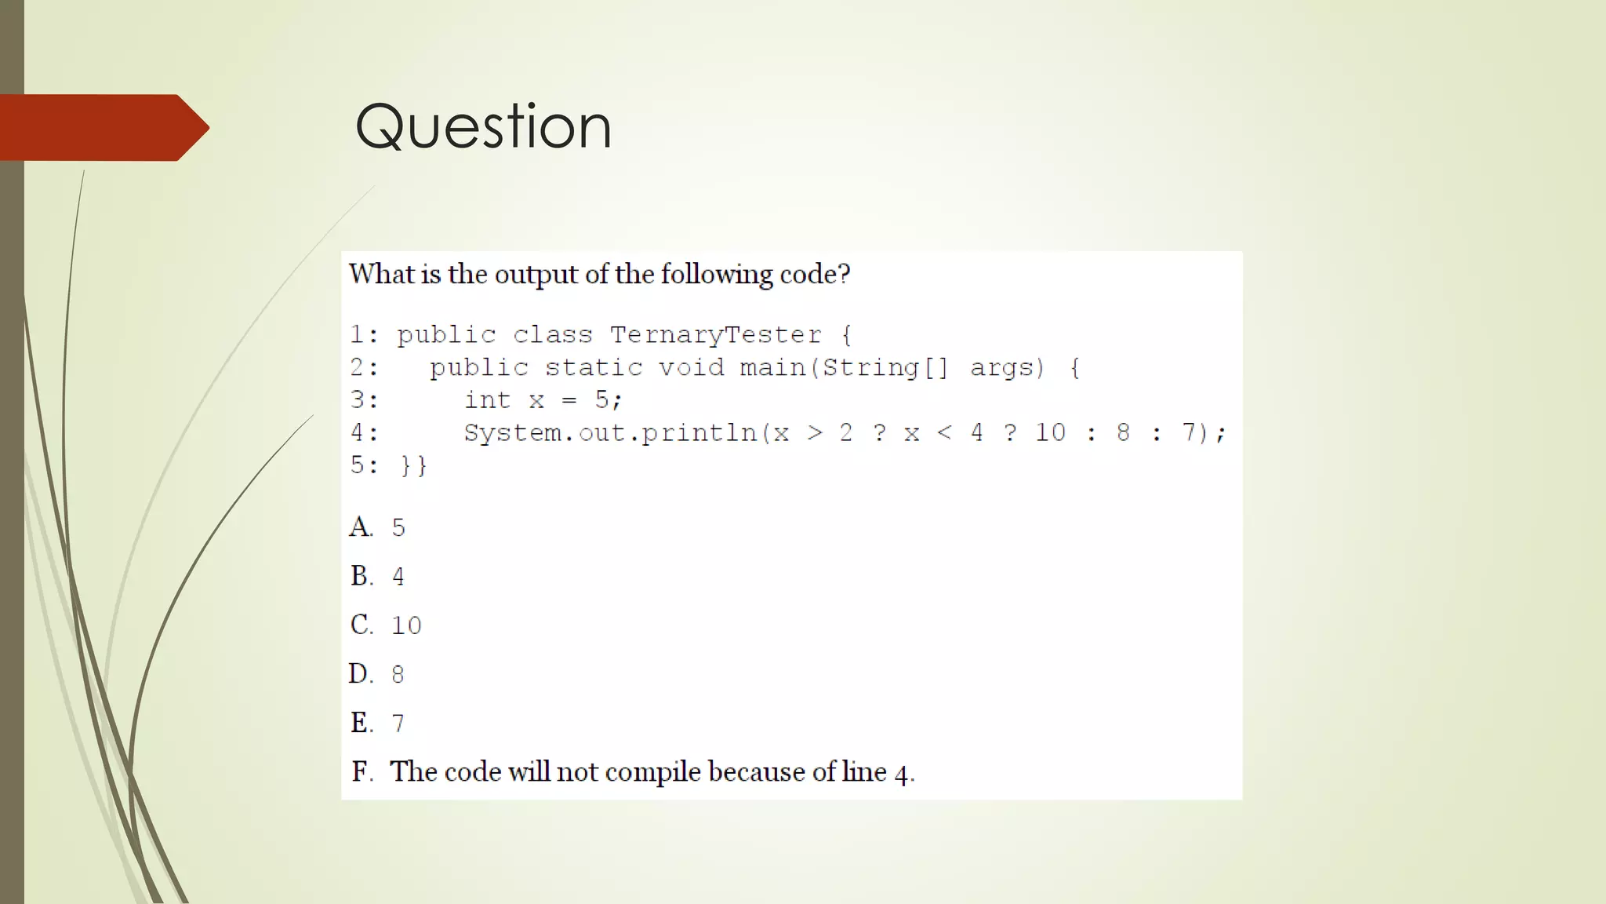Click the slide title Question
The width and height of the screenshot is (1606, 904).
(x=483, y=126)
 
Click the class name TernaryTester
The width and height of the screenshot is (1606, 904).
(x=715, y=335)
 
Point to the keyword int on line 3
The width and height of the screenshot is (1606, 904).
(x=487, y=400)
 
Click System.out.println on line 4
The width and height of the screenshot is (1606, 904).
(x=609, y=433)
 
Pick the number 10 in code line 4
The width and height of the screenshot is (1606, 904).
(x=1050, y=432)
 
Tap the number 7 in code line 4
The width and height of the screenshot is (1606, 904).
(x=1189, y=432)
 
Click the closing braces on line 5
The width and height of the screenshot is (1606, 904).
(x=413, y=465)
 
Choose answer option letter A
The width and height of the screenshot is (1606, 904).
(x=361, y=527)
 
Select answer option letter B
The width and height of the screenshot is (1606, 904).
(x=361, y=576)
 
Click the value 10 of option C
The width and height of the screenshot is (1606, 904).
(x=406, y=625)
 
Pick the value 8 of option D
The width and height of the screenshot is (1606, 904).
(x=398, y=674)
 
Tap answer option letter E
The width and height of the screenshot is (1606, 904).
(x=361, y=723)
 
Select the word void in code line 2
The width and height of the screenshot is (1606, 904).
(x=691, y=367)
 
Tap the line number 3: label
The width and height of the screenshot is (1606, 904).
(x=364, y=400)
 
